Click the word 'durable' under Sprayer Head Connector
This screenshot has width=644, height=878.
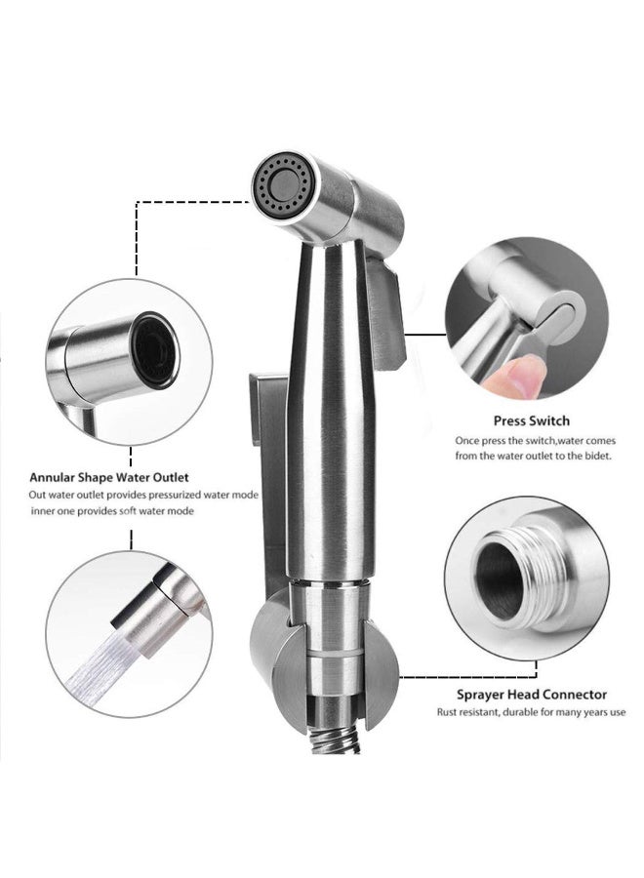522,713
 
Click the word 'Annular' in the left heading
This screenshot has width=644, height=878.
55,478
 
